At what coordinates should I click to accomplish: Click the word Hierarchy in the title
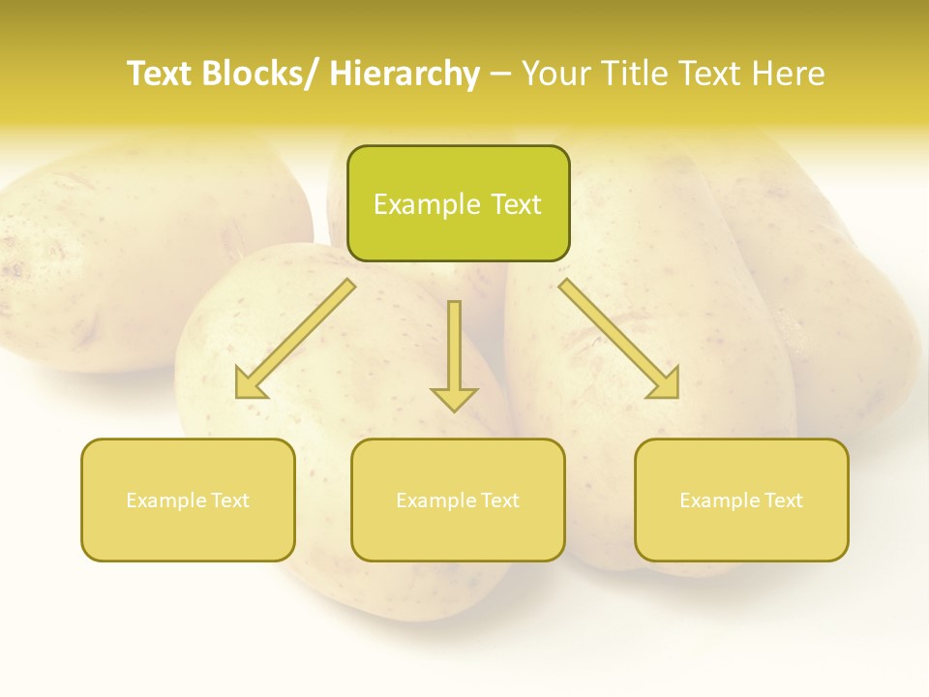click(x=405, y=75)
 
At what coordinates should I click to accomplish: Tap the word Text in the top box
click(x=515, y=204)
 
